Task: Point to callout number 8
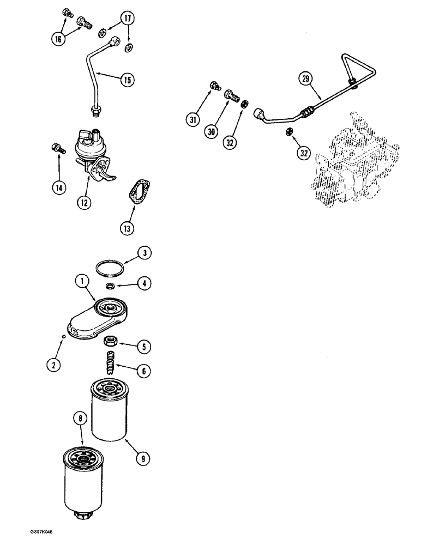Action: [x=81, y=419]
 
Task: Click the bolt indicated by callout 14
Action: [x=56, y=147]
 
